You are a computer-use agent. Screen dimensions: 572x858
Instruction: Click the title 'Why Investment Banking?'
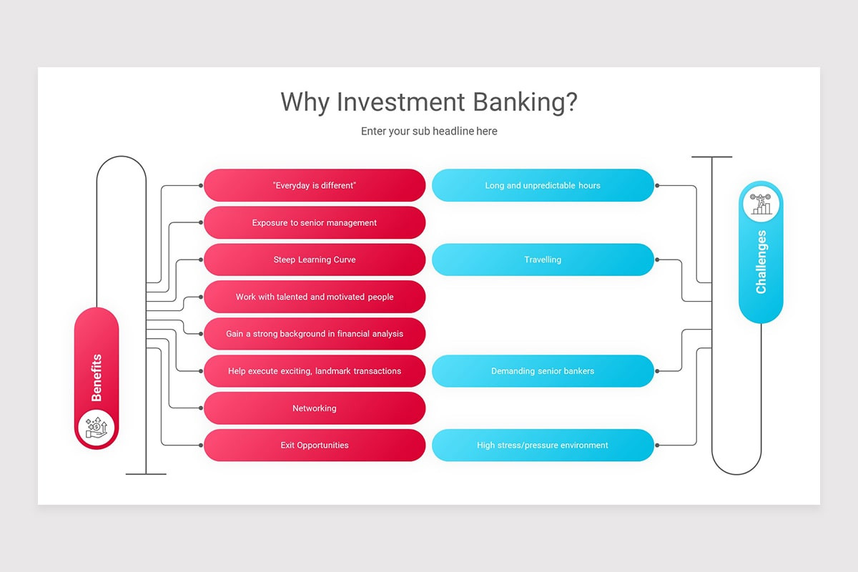point(428,102)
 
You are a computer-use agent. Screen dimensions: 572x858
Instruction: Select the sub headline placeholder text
point(428,132)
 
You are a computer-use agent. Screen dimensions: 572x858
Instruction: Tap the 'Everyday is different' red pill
point(315,185)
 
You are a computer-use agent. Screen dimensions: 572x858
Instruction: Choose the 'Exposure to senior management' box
point(315,222)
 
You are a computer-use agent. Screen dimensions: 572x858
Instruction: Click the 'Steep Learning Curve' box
point(315,260)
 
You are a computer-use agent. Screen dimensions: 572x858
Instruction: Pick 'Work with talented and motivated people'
point(315,297)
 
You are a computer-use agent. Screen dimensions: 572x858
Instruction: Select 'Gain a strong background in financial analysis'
point(315,334)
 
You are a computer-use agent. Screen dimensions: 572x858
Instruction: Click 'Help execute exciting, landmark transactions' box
point(315,371)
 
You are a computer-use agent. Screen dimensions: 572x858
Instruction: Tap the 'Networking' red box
point(315,408)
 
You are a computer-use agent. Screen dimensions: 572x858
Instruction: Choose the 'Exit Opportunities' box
point(315,445)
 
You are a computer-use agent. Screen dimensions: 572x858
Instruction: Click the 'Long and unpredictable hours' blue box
point(543,185)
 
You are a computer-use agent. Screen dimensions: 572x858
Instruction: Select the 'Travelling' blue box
point(543,260)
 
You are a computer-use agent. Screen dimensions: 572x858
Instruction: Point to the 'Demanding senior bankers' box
point(543,371)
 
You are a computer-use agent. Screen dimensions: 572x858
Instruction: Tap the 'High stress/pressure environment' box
point(543,445)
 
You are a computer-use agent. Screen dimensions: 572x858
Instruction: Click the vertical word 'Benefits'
point(97,378)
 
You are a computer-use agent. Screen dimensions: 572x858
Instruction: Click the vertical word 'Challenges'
point(761,262)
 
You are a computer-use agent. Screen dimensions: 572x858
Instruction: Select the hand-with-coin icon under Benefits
point(97,428)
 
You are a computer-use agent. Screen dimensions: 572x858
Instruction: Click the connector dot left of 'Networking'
point(201,408)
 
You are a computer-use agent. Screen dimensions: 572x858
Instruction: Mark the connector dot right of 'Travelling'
point(657,260)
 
